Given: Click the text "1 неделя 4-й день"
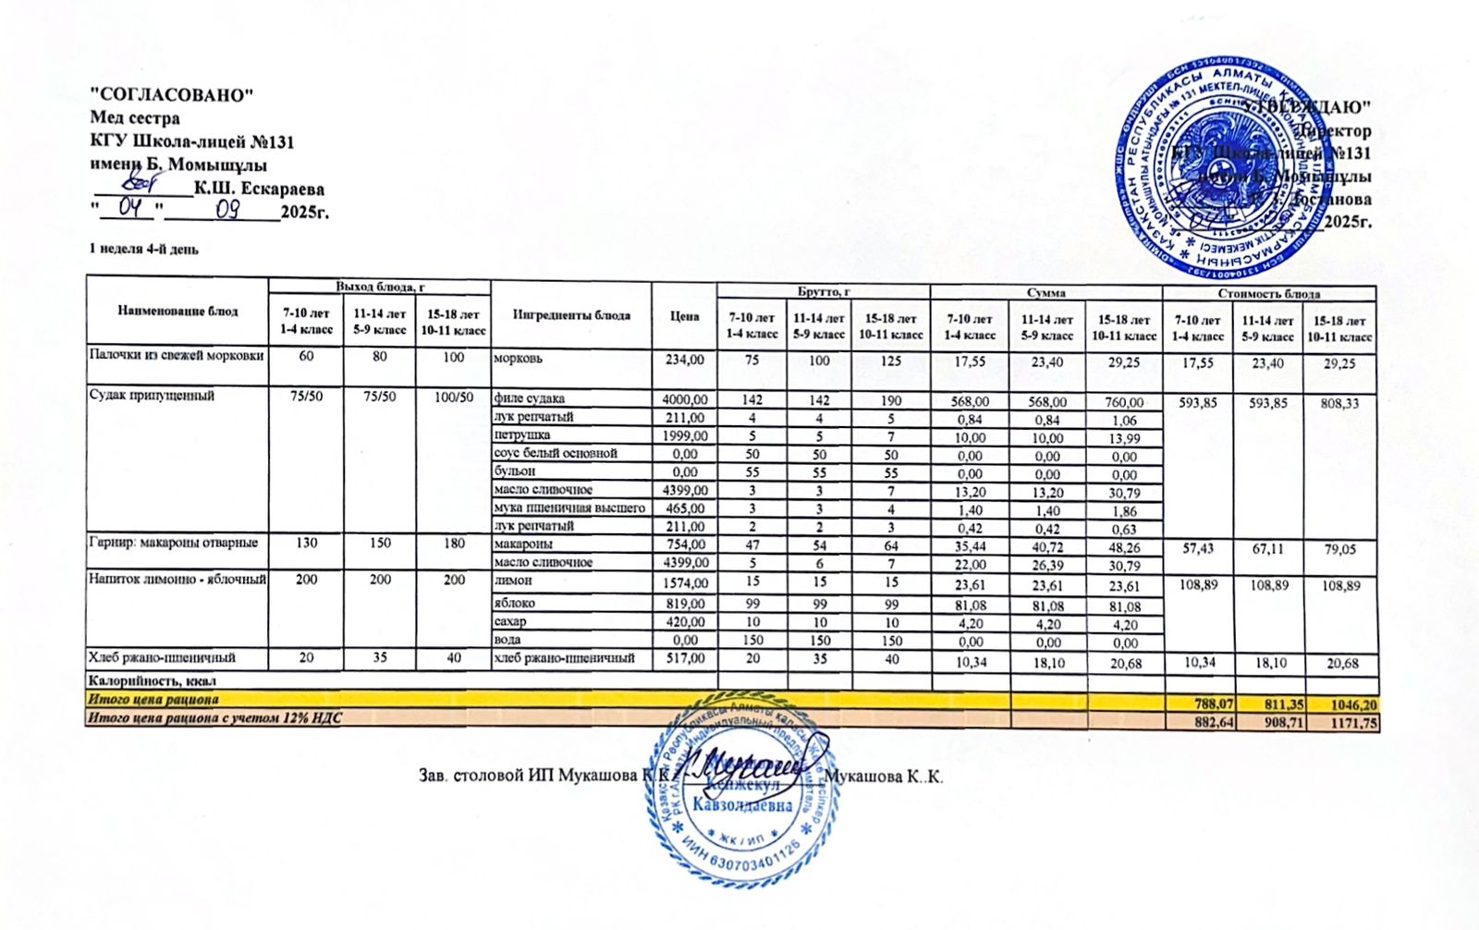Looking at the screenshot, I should [x=143, y=249].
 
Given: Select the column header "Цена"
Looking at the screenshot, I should [x=684, y=315].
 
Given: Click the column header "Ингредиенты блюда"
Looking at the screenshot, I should [x=571, y=315].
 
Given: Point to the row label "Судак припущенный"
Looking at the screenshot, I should [x=152, y=396].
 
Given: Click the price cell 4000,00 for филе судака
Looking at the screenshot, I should [x=685, y=399].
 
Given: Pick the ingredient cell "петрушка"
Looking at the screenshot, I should [x=522, y=435].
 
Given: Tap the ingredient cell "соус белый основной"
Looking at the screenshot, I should [x=556, y=454].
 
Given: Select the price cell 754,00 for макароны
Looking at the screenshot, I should [x=685, y=545].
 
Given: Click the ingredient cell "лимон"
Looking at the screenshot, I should [x=513, y=581].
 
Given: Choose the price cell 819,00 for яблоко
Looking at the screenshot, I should [x=685, y=604].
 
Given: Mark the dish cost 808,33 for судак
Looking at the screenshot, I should [x=1340, y=403].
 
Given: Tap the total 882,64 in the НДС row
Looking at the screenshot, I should [x=1215, y=722].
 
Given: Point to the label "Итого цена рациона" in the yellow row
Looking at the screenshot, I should [x=153, y=700].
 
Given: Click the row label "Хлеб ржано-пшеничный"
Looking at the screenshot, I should [x=162, y=658].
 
